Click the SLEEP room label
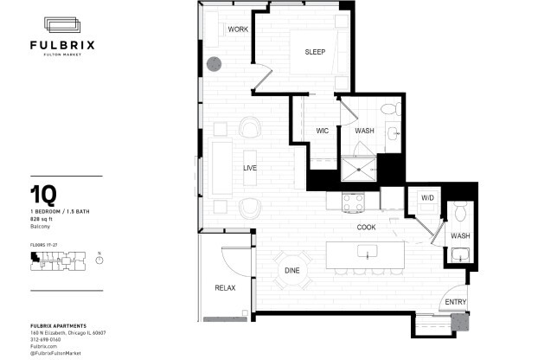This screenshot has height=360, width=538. tap(314, 52)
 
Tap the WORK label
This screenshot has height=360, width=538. tap(238, 29)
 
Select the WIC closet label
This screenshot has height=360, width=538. tap(322, 132)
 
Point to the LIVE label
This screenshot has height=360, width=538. tap(251, 167)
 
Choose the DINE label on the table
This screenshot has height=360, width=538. tap(292, 271)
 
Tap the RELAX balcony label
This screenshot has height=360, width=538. tap(225, 287)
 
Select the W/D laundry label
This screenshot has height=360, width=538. tap(426, 197)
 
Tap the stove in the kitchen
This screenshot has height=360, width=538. tap(354, 202)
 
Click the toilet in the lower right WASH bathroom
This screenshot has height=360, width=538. tap(460, 212)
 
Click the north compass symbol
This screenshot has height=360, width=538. tap(99, 264)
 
